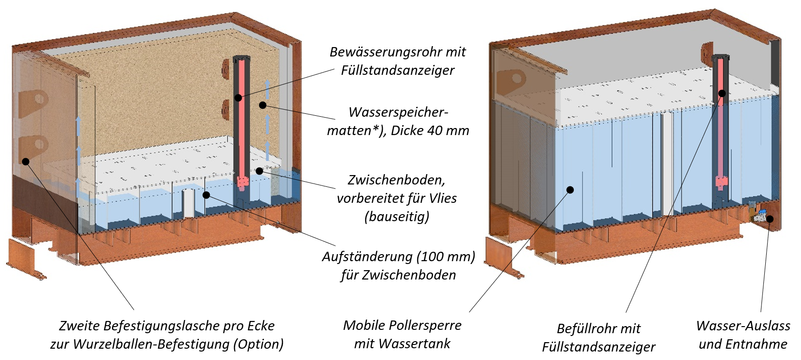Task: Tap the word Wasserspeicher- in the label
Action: point(398,112)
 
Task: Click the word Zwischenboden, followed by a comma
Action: point(396,180)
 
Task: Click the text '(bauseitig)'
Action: point(397,217)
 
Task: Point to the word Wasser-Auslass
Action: point(743,326)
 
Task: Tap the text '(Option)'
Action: point(259,344)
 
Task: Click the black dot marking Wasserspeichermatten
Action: point(263,105)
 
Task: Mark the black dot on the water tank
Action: point(570,190)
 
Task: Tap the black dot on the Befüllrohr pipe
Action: point(722,93)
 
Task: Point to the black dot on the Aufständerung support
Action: point(206,195)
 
